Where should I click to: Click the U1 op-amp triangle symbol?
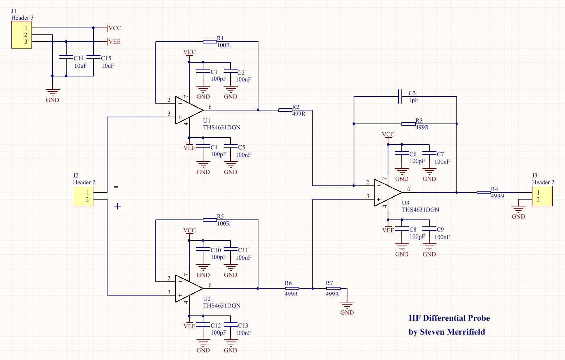point(187,110)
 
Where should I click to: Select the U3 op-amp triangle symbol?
point(386,192)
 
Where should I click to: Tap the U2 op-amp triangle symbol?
point(187,288)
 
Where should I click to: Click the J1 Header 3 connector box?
point(21,35)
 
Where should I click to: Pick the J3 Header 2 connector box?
point(542,196)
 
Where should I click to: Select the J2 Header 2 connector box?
point(83,196)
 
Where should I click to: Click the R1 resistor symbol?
point(210,42)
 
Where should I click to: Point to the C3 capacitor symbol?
point(400,97)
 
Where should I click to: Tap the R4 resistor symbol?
point(484,192)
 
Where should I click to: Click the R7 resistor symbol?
point(333,288)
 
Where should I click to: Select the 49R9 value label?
point(497,196)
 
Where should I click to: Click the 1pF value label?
point(413,100)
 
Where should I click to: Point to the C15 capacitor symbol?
point(93,57)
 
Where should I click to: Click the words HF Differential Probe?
point(449,318)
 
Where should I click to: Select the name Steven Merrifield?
point(452,332)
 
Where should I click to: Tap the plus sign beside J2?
point(118,206)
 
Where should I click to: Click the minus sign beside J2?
point(116,187)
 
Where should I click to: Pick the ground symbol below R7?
point(347,305)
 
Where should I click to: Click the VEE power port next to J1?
point(114,42)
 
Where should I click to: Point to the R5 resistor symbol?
point(210,220)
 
